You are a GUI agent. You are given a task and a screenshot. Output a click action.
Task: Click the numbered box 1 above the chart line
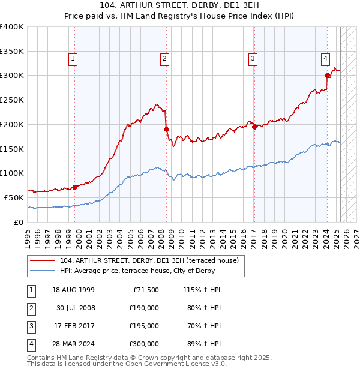[73, 59]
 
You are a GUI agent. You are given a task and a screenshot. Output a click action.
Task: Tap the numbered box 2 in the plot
[164, 59]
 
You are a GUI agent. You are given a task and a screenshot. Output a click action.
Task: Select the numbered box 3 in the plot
[253, 59]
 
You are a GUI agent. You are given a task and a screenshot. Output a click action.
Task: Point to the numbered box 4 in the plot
[325, 59]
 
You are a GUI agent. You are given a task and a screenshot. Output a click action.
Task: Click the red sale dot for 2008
[167, 129]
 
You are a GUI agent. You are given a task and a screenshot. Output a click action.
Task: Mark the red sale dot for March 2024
[328, 75]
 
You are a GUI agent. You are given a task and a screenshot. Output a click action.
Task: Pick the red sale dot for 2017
[254, 127]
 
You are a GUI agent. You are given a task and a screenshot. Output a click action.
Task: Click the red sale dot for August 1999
[75, 187]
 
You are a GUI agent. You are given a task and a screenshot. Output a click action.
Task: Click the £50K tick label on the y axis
[14, 197]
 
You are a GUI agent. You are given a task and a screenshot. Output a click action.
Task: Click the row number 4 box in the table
[30, 344]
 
